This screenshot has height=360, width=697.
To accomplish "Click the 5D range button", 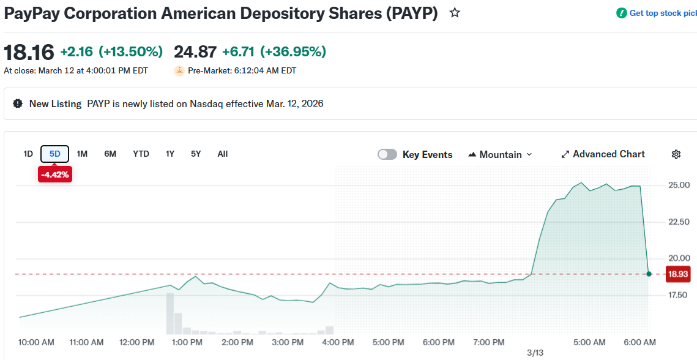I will (55, 154).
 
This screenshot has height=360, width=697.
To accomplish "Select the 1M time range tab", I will (82, 154).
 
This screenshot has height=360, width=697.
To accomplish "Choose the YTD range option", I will (141, 154).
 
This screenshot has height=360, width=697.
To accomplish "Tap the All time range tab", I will (223, 154).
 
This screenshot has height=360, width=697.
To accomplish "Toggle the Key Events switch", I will (387, 154).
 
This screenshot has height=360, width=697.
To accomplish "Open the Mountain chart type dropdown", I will (500, 154).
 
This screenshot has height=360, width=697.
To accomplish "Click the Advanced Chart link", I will (603, 154).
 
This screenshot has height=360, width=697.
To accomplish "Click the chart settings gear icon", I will (676, 154).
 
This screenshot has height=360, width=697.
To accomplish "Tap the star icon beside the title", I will (455, 13).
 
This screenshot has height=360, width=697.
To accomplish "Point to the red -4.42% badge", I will (55, 174).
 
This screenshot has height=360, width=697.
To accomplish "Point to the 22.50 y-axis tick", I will (679, 222).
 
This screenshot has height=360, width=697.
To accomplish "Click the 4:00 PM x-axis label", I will (338, 342).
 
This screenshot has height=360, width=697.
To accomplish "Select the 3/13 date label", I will (535, 353).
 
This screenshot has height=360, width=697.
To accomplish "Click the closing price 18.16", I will (29, 52).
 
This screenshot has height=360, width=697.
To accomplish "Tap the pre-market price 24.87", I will (195, 52).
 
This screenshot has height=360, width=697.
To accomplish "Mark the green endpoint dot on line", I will (649, 274).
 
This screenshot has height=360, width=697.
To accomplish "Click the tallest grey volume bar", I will (170, 313).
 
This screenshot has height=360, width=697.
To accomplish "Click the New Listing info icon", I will (18, 103).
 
